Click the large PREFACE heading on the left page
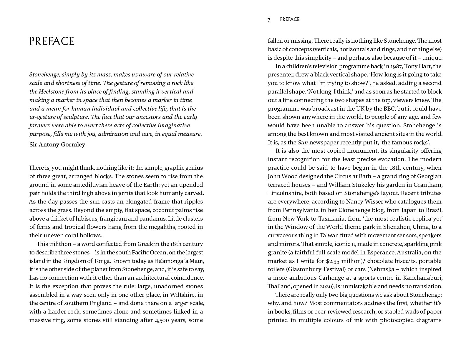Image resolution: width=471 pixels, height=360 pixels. [52, 41]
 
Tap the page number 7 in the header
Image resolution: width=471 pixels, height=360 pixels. [269, 20]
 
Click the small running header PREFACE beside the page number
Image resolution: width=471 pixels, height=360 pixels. [290, 19]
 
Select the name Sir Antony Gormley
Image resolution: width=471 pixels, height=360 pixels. [57, 144]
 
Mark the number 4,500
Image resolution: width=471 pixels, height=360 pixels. [163, 320]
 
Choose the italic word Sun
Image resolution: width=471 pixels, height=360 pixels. [302, 143]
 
